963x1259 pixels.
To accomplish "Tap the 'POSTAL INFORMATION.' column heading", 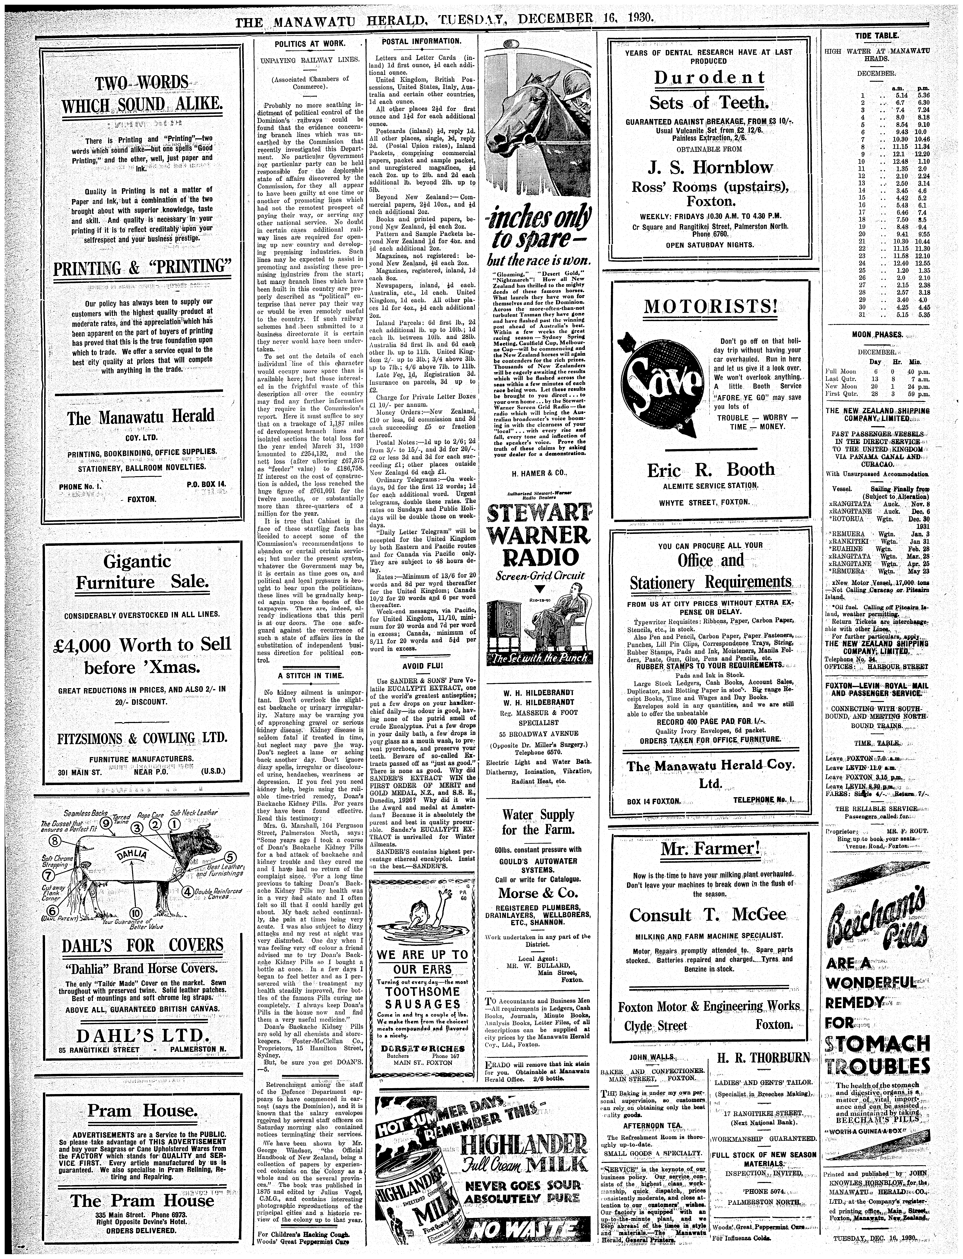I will [x=421, y=41].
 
